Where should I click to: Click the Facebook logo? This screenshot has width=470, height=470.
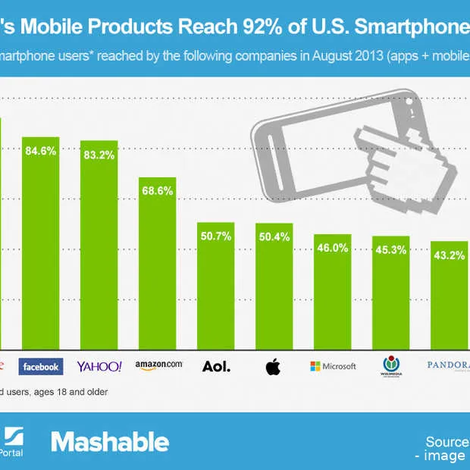(x=40, y=367)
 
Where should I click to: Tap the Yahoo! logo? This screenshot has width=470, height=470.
(x=99, y=367)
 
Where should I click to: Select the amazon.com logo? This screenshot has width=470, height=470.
(x=158, y=365)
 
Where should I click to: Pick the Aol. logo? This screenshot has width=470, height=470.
(x=217, y=367)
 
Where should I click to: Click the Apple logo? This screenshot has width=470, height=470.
(x=273, y=368)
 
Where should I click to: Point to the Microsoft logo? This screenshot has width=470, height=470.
(x=333, y=366)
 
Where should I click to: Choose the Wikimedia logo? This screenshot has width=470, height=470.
(x=391, y=366)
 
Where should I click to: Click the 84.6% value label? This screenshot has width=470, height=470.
(x=40, y=151)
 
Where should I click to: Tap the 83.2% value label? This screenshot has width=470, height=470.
(x=99, y=155)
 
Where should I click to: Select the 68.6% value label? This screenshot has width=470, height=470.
(x=158, y=191)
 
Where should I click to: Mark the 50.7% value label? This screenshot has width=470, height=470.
(x=217, y=236)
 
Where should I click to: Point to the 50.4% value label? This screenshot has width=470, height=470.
(x=274, y=237)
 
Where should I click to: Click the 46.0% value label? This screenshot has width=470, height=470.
(x=333, y=247)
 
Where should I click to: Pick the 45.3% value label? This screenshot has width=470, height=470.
(x=391, y=249)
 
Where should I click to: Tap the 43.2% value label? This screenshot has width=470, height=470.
(x=447, y=255)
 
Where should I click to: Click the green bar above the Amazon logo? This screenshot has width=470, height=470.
(x=157, y=273)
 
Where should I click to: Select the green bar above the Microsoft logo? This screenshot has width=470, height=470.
(x=333, y=296)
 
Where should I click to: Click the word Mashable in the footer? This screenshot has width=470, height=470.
(x=110, y=441)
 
